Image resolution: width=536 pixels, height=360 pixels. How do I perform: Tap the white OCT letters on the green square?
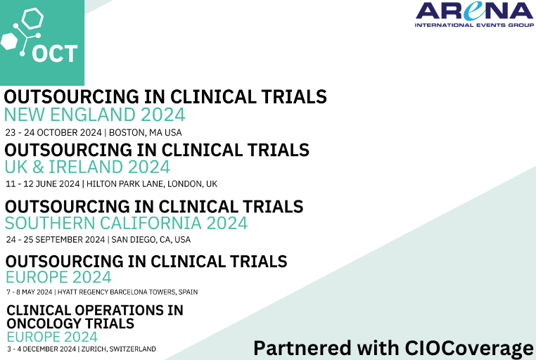(x=54, y=53)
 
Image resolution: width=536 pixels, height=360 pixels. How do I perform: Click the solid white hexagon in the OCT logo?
(x=9, y=41)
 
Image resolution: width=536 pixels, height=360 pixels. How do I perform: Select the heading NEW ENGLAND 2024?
(x=94, y=115)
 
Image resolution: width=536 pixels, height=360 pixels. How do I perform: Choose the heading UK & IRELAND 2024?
(x=87, y=167)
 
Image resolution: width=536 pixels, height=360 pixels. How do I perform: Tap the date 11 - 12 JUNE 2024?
(x=43, y=184)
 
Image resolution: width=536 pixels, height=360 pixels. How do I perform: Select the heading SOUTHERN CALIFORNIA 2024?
(x=126, y=223)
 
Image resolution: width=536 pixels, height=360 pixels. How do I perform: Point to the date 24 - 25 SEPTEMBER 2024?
(x=56, y=240)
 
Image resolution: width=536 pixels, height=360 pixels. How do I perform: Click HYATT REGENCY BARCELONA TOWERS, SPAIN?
(x=132, y=292)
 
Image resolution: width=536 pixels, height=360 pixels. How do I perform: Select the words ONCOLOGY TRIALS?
(x=70, y=323)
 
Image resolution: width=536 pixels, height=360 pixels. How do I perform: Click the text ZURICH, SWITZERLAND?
(x=118, y=349)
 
